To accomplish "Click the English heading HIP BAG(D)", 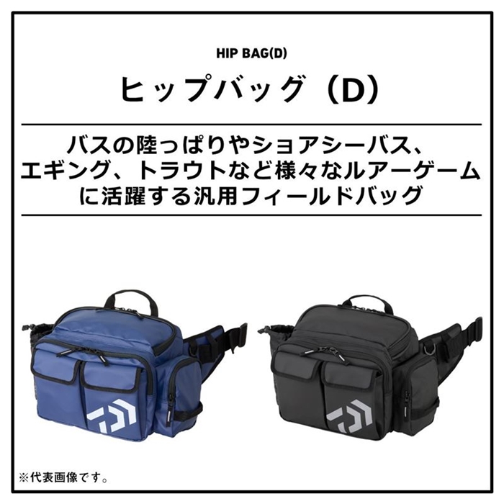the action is click(251, 54).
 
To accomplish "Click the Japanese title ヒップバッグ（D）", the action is click(251, 89).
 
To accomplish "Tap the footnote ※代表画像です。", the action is click(63, 478).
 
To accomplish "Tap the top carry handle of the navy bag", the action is click(131, 300).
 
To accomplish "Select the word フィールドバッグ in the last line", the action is click(331, 195).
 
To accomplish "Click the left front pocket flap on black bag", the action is click(297, 366).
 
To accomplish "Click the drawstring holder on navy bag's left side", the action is click(37, 336).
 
